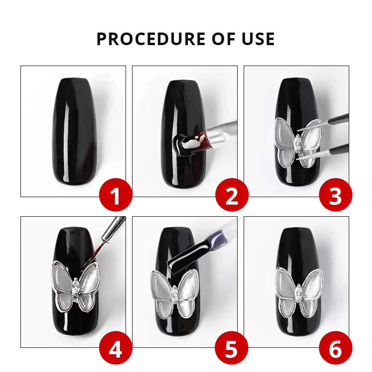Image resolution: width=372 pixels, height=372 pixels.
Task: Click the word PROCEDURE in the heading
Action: coord(151,39)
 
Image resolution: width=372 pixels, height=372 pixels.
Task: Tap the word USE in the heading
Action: coord(259,39)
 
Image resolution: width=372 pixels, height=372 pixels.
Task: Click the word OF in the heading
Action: coord(224,39)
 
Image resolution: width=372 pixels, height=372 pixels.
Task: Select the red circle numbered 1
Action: coord(115,194)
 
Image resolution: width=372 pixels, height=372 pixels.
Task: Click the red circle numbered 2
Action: coord(232,194)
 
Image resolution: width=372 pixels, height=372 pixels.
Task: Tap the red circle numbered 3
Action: coord(335,194)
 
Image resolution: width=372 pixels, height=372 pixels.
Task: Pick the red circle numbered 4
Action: coord(115,348)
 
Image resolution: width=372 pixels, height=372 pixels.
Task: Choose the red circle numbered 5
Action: coord(232,348)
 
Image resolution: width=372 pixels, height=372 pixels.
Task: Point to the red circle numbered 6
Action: coord(335,348)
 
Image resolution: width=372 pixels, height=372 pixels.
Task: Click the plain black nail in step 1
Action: coord(74,132)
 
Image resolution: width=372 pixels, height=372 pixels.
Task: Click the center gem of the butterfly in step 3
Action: coord(297,142)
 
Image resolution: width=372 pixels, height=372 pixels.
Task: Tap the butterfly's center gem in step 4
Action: coord(75,287)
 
